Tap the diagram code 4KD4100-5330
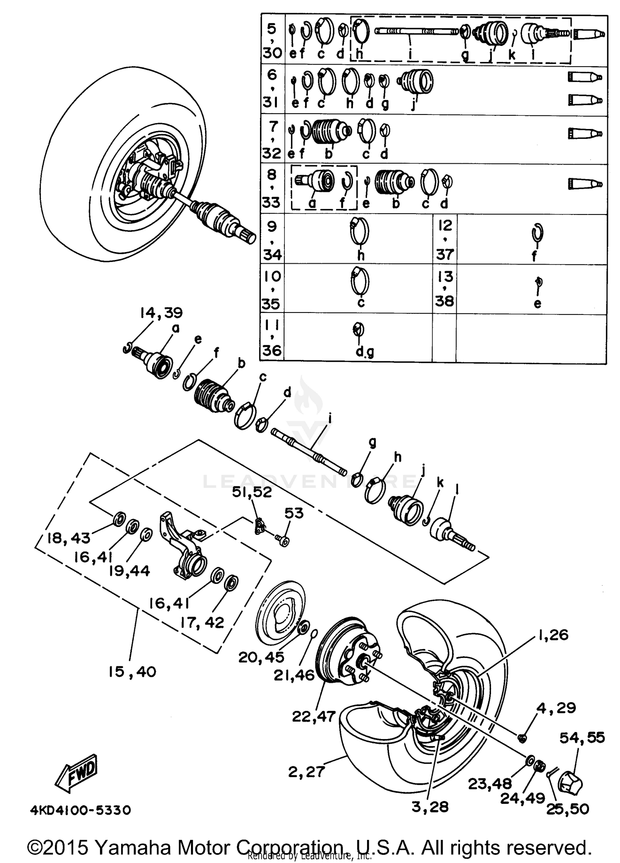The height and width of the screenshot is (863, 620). point(81,810)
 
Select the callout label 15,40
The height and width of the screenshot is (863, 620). point(132,672)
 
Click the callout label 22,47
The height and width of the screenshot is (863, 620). point(314,716)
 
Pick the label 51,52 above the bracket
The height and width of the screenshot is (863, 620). point(252,492)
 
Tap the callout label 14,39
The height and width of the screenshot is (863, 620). point(161,313)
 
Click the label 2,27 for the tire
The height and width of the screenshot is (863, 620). point(306,772)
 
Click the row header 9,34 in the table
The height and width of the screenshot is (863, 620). point(272,240)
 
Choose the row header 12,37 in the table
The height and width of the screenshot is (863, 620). point(445,240)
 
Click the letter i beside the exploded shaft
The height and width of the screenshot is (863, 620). point(329,419)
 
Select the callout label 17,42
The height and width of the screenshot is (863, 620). point(202,622)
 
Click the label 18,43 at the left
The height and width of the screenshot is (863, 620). point(69,538)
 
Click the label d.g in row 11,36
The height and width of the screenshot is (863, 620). point(365,352)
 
